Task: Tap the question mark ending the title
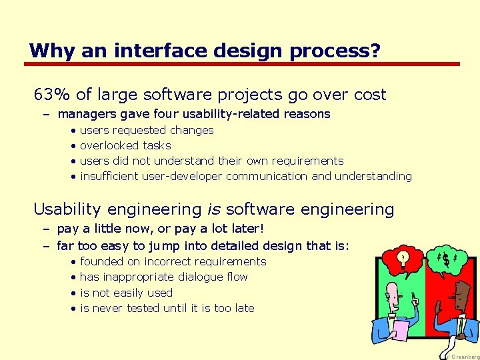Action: click(x=375, y=51)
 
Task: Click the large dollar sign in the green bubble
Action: click(x=445, y=259)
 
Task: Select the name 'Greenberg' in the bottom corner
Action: click(x=465, y=357)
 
